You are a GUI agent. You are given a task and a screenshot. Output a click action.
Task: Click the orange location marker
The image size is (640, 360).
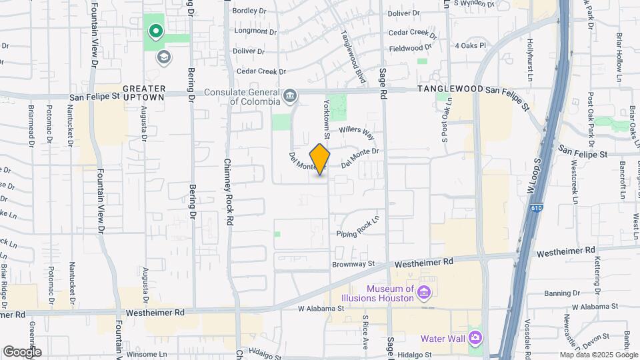point(320,159)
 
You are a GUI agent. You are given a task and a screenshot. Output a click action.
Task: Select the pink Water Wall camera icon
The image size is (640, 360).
point(475,339)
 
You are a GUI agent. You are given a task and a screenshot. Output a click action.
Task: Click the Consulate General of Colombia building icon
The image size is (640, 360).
point(289,97)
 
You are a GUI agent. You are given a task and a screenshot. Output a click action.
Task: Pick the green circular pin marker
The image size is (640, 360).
point(155,31)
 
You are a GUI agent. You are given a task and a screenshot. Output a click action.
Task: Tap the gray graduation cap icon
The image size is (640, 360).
point(163,57)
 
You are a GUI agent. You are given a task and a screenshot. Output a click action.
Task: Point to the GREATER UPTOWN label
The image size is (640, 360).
point(143,93)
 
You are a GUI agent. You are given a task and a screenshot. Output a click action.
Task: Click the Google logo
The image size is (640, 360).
point(22,351)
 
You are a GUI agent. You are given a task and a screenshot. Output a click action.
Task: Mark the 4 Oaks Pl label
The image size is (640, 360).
point(470,45)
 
